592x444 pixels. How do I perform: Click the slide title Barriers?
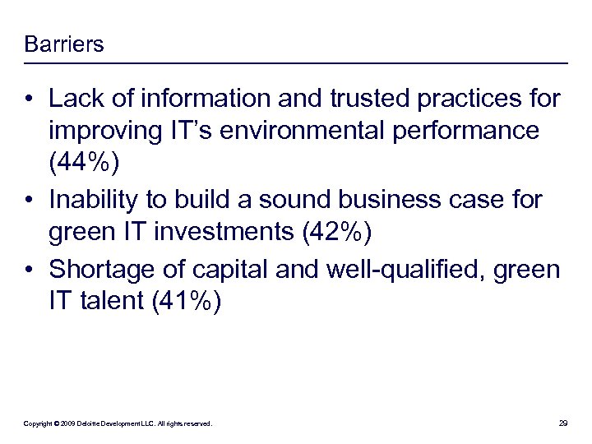[x=64, y=44]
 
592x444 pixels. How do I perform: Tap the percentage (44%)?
[x=85, y=165]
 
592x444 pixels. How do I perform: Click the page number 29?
[x=563, y=423]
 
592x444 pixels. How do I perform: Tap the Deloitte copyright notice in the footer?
[x=118, y=423]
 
